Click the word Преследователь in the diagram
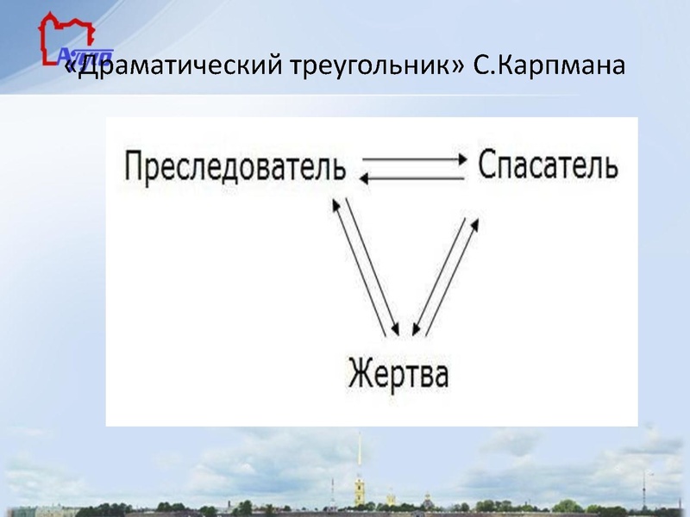pos(235,166)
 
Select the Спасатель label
pos(547,165)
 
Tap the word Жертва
pos(398,377)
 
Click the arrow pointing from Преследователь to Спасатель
pos(414,159)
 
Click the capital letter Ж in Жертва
pos(359,377)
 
